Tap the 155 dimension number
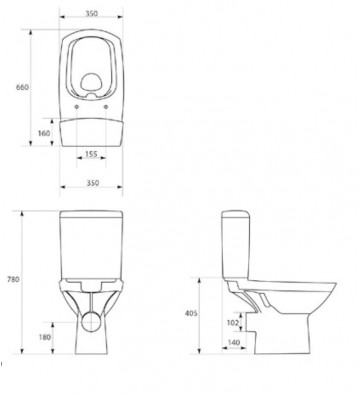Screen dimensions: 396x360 point(90,156)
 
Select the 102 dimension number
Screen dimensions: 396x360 point(231,323)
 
